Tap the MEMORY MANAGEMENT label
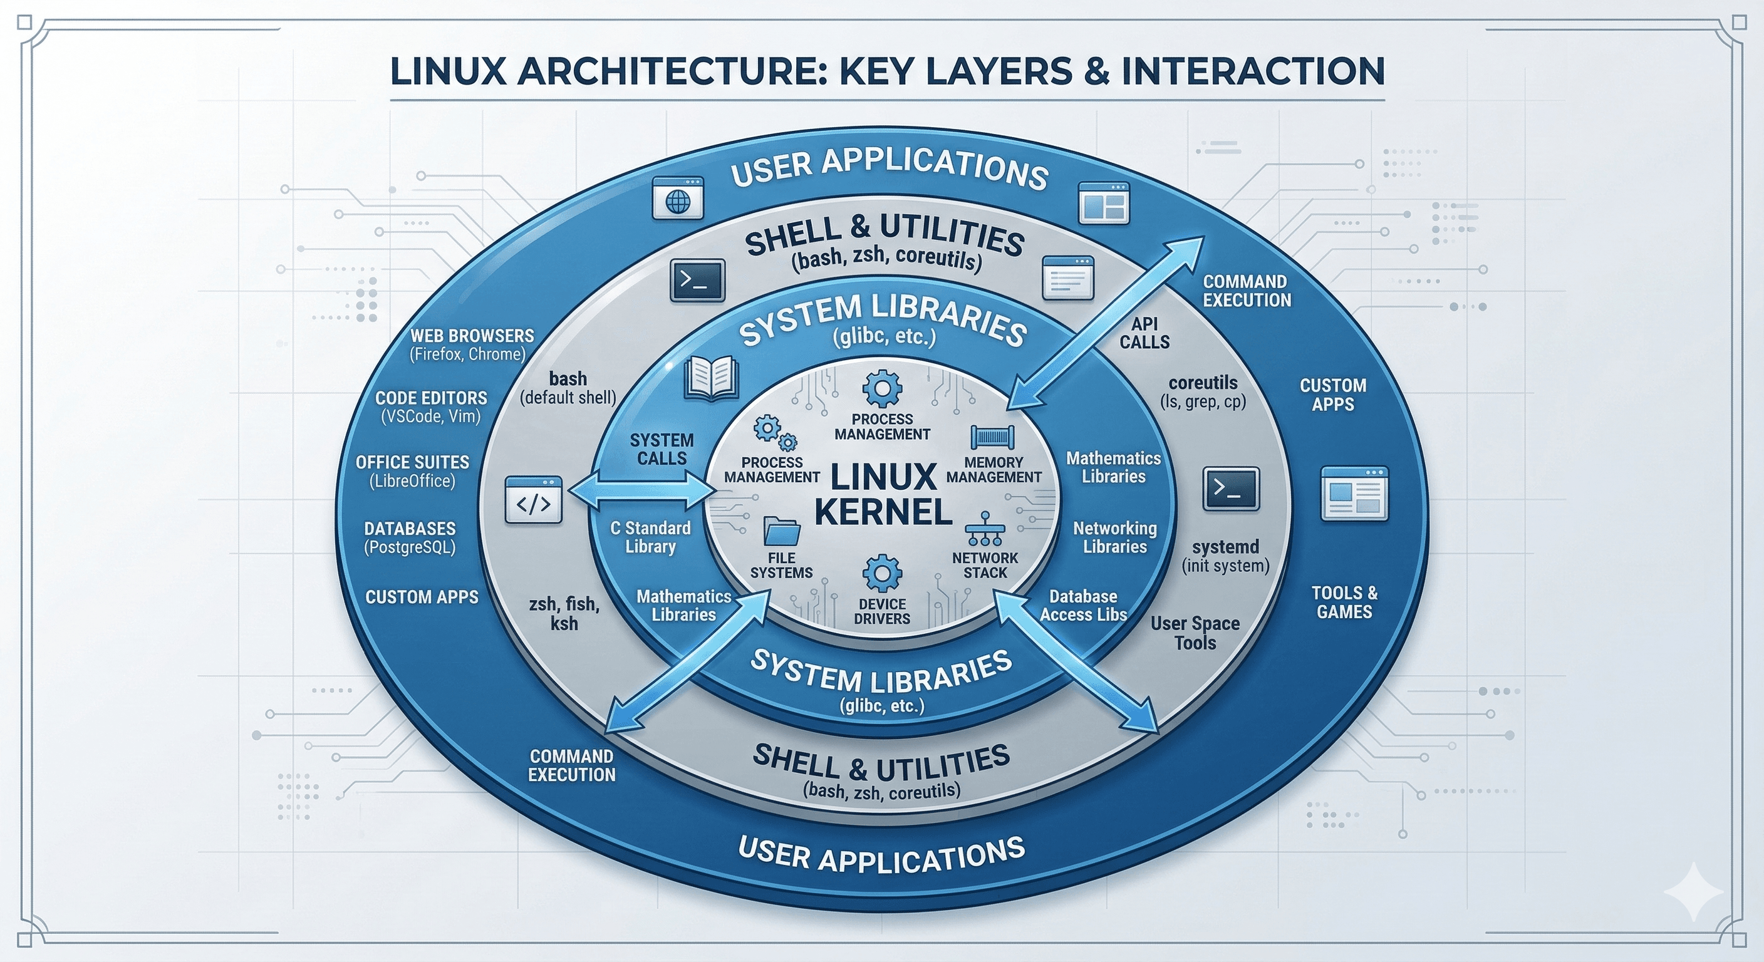[x=994, y=470]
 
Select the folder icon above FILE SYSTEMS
[x=781, y=531]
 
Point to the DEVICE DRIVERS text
[x=882, y=611]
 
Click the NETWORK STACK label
[x=985, y=565]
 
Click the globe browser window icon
[x=678, y=199]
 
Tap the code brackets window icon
[x=534, y=500]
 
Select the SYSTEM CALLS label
[x=661, y=449]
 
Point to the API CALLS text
[x=1144, y=333]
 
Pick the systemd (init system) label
[x=1225, y=556]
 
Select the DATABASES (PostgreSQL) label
[x=410, y=537]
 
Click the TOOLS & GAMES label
[x=1344, y=602]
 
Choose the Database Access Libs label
[x=1083, y=605]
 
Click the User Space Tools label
[x=1195, y=633]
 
